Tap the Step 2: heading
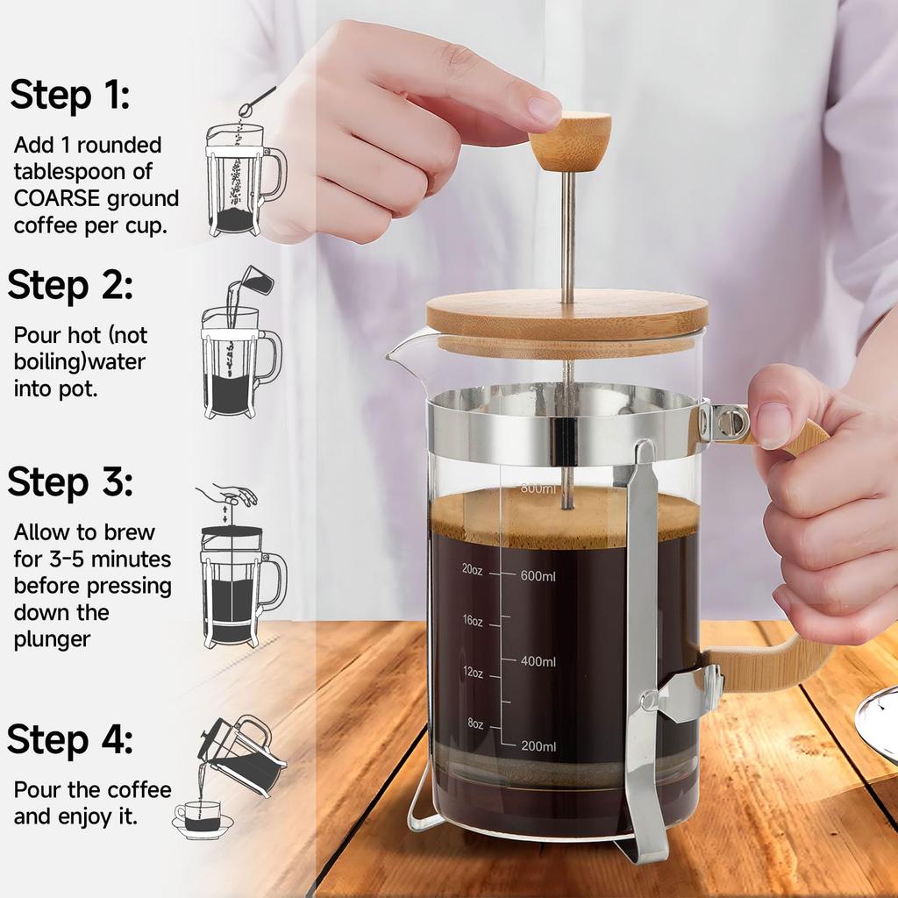pyautogui.click(x=70, y=285)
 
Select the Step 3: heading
pyautogui.click(x=70, y=481)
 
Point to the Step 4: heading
pyautogui.click(x=70, y=739)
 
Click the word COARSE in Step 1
pyautogui.click(x=59, y=198)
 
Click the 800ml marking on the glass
pyautogui.click(x=538, y=488)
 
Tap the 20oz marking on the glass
pyautogui.click(x=472, y=568)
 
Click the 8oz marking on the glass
pyautogui.click(x=474, y=723)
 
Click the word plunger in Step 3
pyautogui.click(x=52, y=639)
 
